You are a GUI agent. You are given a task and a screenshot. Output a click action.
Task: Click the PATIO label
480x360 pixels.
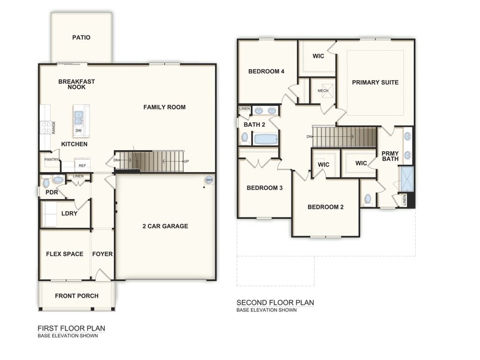[81, 37]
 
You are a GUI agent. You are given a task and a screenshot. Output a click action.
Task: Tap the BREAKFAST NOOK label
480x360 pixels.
[77, 84]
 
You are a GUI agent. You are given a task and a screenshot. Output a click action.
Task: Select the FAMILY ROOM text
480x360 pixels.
[164, 107]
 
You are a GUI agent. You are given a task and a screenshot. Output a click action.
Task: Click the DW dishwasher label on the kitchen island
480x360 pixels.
[78, 130]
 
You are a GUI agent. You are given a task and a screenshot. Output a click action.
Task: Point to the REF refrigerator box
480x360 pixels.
[81, 165]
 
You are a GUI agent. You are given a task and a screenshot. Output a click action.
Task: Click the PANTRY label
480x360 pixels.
[51, 159]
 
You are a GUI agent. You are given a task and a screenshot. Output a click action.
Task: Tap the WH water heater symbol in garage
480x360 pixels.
[209, 180]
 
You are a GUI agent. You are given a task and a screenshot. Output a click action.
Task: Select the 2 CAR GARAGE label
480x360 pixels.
[165, 226]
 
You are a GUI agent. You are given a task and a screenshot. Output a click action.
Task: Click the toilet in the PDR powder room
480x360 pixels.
[56, 181]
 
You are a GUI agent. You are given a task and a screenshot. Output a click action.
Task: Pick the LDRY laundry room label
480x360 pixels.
[69, 214]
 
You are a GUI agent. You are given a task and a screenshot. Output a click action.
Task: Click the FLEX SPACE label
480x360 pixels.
[64, 254]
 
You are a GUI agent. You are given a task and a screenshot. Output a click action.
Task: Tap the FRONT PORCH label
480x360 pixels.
[77, 296]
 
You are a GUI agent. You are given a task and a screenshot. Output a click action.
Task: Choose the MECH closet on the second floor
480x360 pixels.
[323, 91]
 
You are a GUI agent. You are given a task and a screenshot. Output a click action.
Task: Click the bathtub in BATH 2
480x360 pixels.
[266, 139]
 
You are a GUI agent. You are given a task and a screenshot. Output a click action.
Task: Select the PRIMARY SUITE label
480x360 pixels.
[375, 82]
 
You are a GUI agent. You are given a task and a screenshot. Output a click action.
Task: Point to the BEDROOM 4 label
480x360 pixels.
[266, 71]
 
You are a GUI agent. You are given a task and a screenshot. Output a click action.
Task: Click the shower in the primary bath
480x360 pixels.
[407, 178]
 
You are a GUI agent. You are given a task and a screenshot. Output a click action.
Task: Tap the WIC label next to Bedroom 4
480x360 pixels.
[318, 56]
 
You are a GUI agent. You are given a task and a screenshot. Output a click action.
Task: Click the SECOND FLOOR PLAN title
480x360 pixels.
[275, 302]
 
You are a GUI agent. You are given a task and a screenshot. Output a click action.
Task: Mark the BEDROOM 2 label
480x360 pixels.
[325, 207]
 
